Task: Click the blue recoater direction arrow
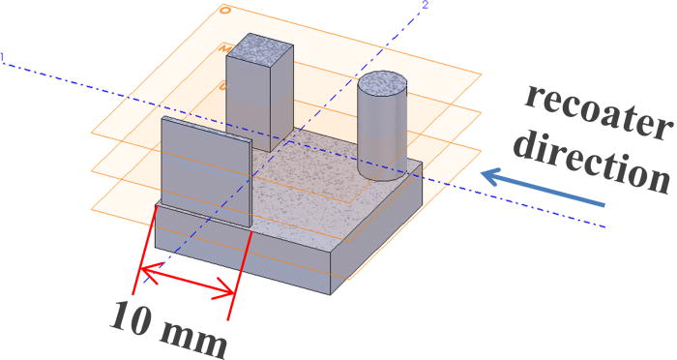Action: tap(543, 190)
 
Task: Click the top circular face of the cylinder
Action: tap(384, 82)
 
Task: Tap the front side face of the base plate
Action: tap(242, 254)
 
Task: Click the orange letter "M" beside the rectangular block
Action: tap(223, 47)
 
